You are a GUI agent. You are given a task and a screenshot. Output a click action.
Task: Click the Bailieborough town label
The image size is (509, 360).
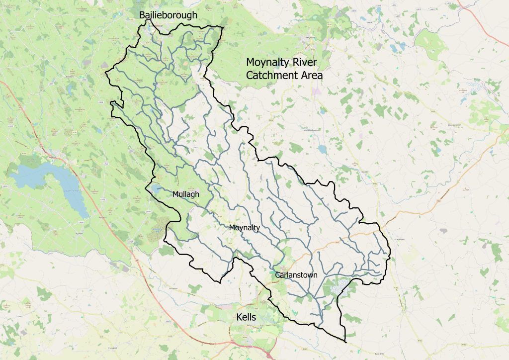(x=168, y=15)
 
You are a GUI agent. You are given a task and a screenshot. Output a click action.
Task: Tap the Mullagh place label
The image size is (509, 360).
(x=185, y=194)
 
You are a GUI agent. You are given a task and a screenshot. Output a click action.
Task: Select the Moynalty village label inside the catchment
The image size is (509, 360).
(x=245, y=228)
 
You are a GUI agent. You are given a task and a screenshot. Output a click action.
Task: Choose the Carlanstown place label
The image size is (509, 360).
(x=296, y=275)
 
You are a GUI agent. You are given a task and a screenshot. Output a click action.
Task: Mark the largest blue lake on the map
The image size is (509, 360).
(x=45, y=179)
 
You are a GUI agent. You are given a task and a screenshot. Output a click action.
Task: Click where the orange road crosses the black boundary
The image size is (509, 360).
(x=379, y=230)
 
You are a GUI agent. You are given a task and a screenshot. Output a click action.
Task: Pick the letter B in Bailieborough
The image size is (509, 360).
(x=142, y=15)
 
